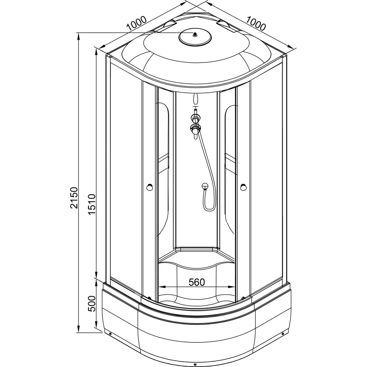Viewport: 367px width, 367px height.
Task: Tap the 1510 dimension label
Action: pyautogui.click(x=92, y=204)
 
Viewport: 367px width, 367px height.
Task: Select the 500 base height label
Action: pyautogui.click(x=92, y=304)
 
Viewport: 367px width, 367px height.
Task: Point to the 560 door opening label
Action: pyautogui.click(x=197, y=282)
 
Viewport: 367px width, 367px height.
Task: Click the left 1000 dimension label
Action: pyautogui.click(x=137, y=23)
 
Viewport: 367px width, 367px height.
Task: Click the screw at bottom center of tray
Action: pyautogui.click(x=195, y=364)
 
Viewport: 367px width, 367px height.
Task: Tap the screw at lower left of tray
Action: pyautogui.click(x=110, y=334)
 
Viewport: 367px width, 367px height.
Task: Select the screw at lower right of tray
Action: pyautogui.click(x=283, y=334)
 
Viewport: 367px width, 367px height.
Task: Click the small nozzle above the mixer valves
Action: pyautogui.click(x=196, y=99)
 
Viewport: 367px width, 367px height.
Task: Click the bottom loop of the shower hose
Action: pyautogui.click(x=209, y=210)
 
